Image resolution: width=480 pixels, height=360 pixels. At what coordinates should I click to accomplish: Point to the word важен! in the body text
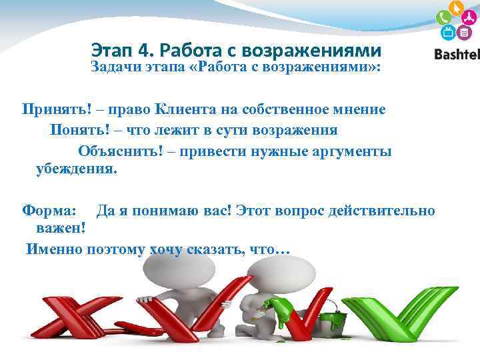point(61,229)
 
